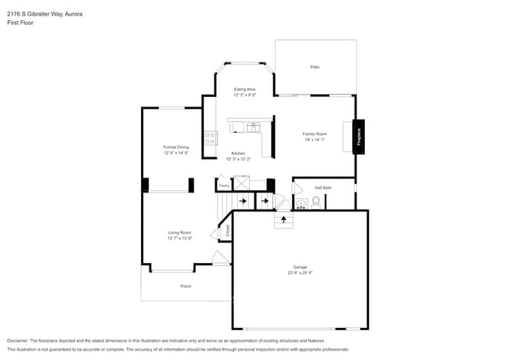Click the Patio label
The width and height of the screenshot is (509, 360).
point(315,67)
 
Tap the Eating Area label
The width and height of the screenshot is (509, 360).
point(245,90)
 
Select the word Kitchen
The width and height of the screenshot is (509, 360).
point(237,153)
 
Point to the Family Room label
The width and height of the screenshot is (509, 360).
point(315,134)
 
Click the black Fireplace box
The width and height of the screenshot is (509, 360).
point(359,134)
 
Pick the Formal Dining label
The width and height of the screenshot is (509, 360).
point(176,147)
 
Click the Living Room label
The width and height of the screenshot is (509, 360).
point(179,232)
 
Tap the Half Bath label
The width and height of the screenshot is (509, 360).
point(323,188)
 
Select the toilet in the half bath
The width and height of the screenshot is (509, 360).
point(316,203)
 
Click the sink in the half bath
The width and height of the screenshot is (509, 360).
point(301,204)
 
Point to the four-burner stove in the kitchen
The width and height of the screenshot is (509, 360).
point(210,139)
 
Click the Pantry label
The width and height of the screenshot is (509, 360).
point(224,185)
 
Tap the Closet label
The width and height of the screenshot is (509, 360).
point(228,231)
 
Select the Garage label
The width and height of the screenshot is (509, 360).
point(300,267)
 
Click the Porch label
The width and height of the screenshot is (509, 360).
point(186,286)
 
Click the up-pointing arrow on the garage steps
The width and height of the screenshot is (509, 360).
point(283,221)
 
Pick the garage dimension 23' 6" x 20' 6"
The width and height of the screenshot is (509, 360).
point(300,272)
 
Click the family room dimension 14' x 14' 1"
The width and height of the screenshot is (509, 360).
point(315,139)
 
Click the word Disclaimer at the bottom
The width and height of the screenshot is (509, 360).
point(17,340)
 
